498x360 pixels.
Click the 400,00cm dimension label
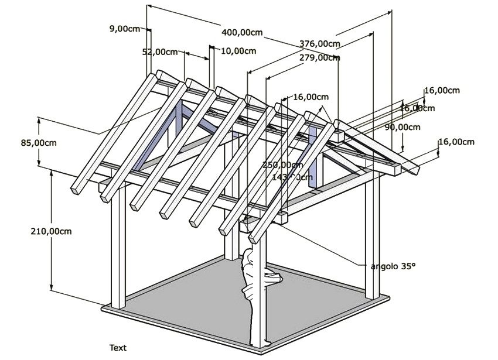242,32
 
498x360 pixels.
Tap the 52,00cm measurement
160,52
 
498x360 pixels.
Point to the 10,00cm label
238,50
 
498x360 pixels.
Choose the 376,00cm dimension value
319,43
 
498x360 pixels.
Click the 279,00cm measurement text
319,58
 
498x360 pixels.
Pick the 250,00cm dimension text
283,165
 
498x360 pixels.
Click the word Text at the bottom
118,348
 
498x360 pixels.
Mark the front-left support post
118,252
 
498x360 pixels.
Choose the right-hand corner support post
370,240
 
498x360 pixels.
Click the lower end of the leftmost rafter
78,187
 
